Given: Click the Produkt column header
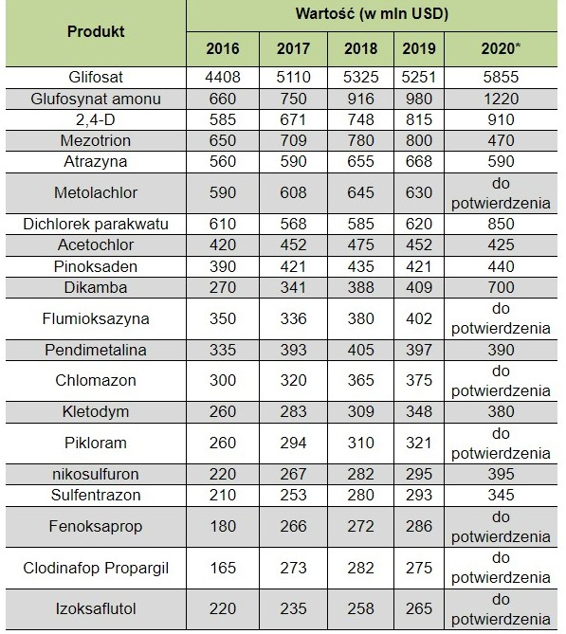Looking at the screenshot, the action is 96,31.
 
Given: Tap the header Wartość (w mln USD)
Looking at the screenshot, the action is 372,14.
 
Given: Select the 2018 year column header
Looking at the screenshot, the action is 360,48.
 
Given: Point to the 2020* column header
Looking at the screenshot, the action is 501,48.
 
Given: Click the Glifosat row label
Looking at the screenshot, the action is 96,77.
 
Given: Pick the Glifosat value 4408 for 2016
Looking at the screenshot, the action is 223,77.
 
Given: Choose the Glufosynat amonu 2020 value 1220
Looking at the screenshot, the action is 501,99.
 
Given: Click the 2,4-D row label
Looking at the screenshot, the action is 96,119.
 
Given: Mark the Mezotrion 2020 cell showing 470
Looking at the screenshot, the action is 501,140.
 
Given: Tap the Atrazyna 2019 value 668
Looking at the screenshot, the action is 419,161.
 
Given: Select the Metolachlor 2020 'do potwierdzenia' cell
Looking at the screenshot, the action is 501,193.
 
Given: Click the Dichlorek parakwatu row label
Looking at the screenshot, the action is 96,224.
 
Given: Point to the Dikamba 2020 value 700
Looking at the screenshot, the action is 501,287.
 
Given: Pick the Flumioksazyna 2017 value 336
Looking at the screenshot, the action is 293,318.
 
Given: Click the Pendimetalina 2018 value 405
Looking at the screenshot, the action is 360,350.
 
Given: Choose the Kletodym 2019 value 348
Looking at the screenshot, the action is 419,411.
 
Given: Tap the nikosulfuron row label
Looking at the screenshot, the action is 96,474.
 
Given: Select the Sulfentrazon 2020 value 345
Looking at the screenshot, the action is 501,495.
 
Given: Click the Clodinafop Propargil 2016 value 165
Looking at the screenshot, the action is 223,568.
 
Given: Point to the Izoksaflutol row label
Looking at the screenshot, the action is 96,608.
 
